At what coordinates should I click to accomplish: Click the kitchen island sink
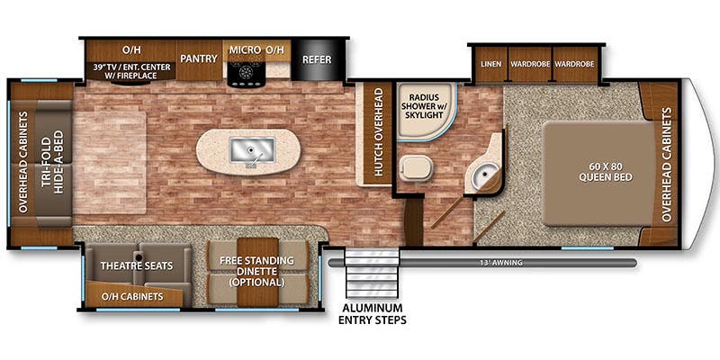(245, 149)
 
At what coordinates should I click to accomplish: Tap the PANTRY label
(199, 59)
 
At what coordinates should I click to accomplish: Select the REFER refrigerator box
(316, 60)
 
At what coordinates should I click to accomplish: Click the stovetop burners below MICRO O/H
(244, 74)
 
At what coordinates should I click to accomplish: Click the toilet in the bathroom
(415, 167)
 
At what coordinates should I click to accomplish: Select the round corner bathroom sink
(487, 176)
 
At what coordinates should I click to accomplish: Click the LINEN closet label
(489, 65)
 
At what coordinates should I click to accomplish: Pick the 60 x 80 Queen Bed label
(604, 170)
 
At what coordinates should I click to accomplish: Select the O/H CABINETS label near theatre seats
(130, 296)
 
